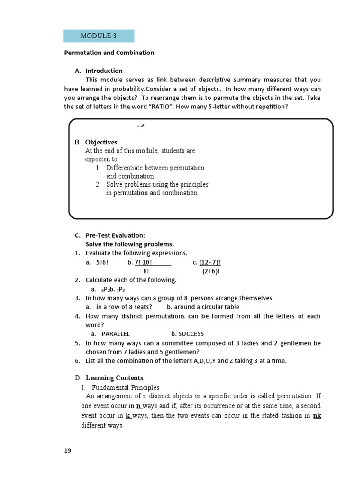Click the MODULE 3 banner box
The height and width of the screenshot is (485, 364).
(x=99, y=36)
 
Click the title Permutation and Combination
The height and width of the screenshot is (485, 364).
(x=109, y=53)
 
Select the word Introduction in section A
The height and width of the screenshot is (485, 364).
(x=104, y=71)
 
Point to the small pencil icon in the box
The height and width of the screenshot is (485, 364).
(x=140, y=126)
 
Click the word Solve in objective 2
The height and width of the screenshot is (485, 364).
(x=115, y=184)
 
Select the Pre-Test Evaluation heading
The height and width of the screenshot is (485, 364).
(x=115, y=235)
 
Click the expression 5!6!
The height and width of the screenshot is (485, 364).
(x=101, y=262)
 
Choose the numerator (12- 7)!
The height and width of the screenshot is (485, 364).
(x=210, y=262)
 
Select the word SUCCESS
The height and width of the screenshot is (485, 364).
(x=191, y=334)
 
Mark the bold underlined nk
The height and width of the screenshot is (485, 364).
(x=318, y=416)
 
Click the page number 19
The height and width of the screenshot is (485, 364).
(x=68, y=450)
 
